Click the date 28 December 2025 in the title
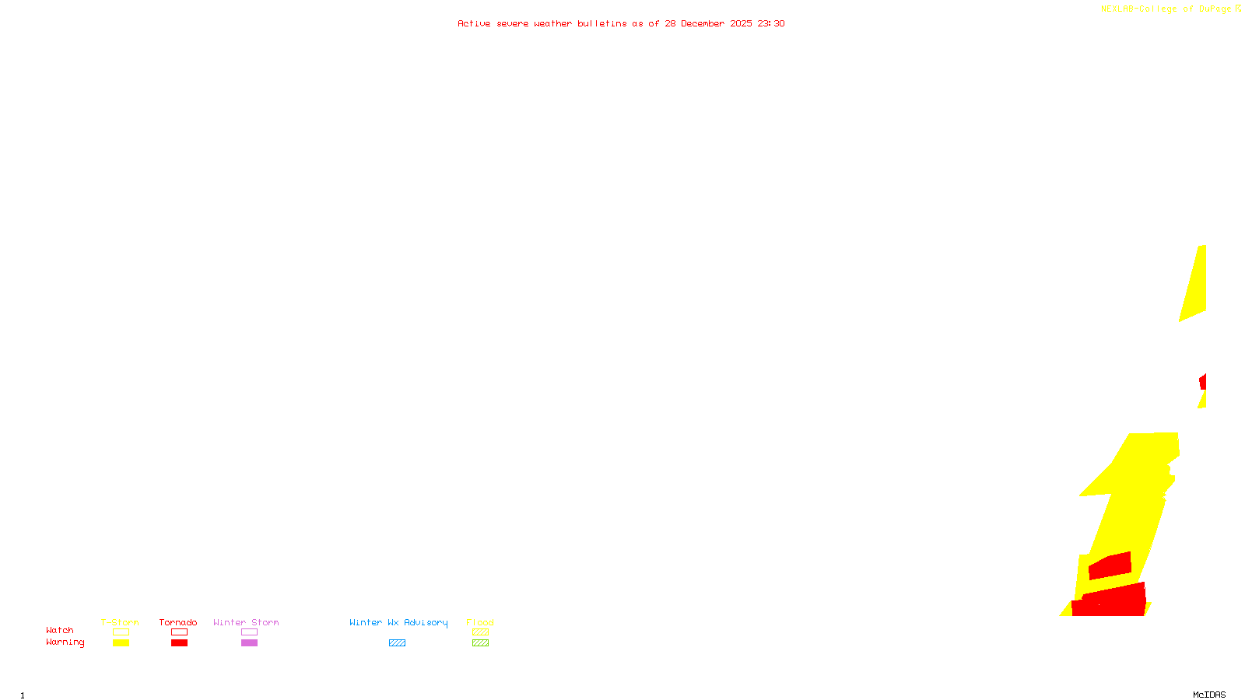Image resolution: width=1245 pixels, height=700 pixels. tap(708, 24)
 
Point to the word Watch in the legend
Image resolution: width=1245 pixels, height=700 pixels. tap(60, 631)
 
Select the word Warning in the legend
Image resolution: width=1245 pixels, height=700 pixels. tap(65, 642)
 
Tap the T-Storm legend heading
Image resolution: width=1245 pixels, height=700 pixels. tap(120, 622)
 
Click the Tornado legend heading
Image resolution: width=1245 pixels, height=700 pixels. tap(178, 622)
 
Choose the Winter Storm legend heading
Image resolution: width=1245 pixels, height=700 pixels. tap(246, 622)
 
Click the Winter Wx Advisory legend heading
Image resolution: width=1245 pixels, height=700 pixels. tap(398, 622)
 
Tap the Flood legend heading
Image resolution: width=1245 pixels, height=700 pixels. tap(480, 622)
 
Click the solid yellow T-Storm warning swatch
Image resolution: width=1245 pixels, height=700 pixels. tap(121, 643)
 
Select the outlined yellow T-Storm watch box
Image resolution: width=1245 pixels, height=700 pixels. tap(121, 632)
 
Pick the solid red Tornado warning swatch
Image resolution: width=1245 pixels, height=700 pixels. tap(179, 643)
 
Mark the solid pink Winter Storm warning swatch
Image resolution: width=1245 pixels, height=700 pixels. tap(249, 643)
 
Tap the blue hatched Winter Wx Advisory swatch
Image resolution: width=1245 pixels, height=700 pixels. tap(397, 643)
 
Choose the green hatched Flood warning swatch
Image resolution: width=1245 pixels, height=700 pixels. tap(480, 643)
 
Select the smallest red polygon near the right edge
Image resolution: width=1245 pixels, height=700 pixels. tap(1203, 382)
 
